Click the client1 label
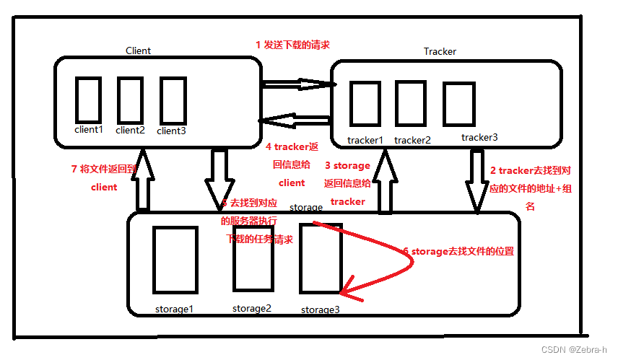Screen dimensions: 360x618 point(89,130)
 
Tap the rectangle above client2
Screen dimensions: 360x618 point(130,100)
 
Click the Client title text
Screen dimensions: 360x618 point(138,51)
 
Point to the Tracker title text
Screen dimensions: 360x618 point(440,51)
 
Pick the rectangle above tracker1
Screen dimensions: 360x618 point(365,105)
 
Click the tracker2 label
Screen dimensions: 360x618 point(412,140)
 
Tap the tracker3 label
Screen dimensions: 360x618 point(479,137)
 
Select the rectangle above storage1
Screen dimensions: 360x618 point(175,260)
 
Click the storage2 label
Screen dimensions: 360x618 point(252,308)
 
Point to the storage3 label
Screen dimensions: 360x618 point(320,309)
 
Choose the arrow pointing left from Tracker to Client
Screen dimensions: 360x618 point(296,120)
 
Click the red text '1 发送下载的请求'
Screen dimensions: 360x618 point(293,45)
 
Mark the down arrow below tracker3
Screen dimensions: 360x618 point(477,181)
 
